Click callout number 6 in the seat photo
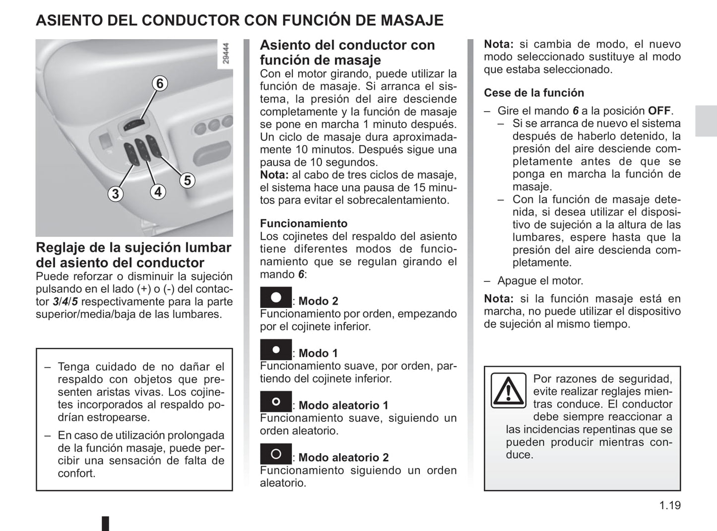[160, 83]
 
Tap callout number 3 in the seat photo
[116, 194]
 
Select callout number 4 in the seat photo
[158, 192]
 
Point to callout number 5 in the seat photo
[187, 180]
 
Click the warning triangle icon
[508, 391]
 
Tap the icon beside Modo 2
[276, 297]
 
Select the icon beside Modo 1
[276, 349]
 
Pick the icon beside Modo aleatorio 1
[276, 401]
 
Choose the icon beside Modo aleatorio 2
[276, 454]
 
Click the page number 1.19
[670, 505]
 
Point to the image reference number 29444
[226, 54]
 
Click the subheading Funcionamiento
[304, 223]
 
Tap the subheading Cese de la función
[534, 93]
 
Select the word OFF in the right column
[659, 111]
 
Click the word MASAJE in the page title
[412, 20]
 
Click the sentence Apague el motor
[540, 280]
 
